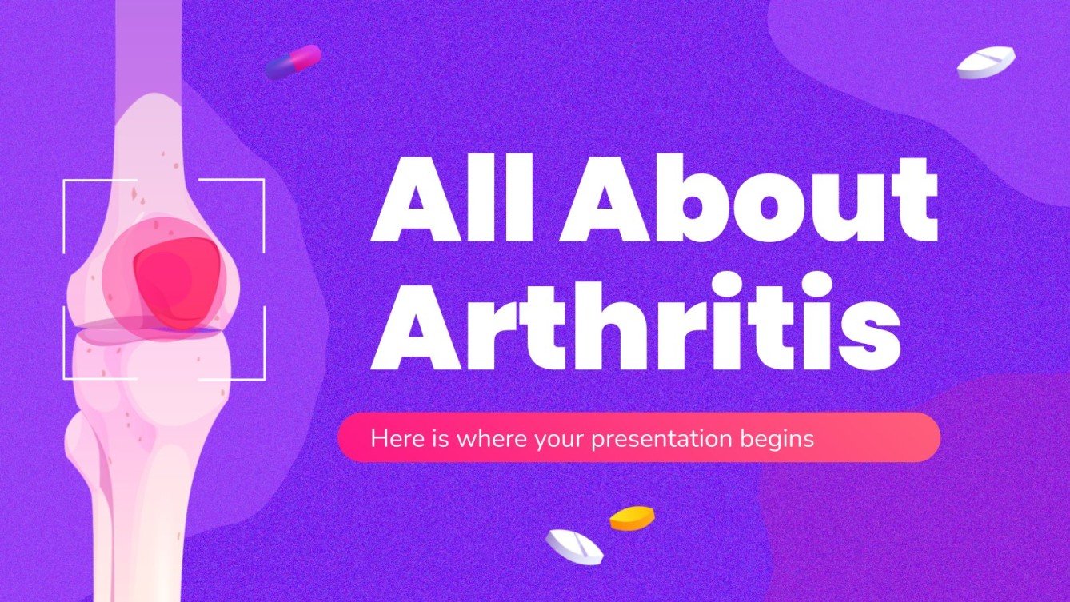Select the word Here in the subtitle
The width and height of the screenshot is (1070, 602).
(x=389, y=439)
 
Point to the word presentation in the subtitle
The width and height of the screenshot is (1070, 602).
(x=661, y=439)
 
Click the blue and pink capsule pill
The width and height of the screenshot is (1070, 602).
(x=293, y=62)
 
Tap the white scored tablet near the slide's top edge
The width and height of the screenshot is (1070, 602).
(x=986, y=62)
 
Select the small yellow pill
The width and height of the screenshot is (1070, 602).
(x=632, y=519)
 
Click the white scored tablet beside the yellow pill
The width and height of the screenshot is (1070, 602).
(x=574, y=546)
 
